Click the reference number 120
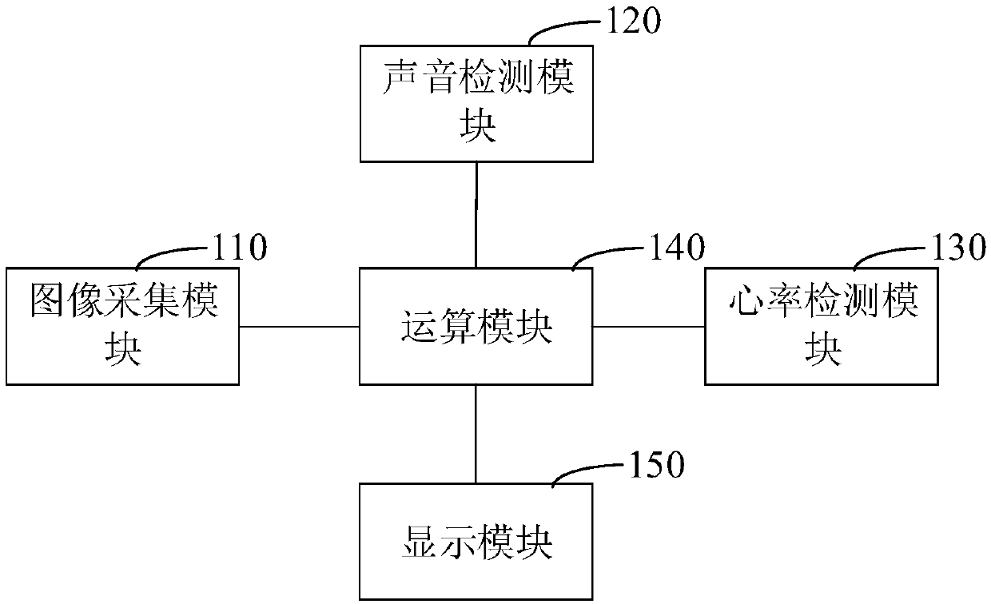[635, 22]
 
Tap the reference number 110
[239, 248]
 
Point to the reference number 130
[960, 248]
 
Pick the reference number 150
[658, 465]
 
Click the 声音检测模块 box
[476, 103]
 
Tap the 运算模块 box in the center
[476, 326]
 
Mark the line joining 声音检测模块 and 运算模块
[476, 215]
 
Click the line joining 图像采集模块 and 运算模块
[299, 326]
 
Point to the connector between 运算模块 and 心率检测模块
[648, 326]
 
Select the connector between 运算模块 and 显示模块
[476, 434]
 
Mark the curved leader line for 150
[591, 471]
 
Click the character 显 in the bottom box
[417, 543]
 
